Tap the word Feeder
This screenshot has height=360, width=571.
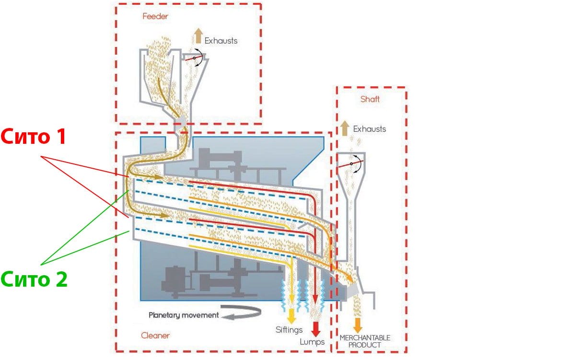(155, 16)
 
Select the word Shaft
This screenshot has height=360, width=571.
(370, 99)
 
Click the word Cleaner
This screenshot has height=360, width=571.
(155, 335)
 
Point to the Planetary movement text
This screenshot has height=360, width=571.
(184, 315)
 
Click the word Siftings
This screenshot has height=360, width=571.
(289, 330)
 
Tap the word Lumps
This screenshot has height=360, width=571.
(312, 342)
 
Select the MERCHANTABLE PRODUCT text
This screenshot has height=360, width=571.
(365, 341)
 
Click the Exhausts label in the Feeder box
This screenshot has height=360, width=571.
(221, 41)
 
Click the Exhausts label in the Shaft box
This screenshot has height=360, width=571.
(369, 129)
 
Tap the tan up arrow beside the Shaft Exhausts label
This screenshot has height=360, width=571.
(345, 128)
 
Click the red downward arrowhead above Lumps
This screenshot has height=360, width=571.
(315, 329)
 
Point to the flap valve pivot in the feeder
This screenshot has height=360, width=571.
(194, 58)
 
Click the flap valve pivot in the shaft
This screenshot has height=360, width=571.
(351, 164)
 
